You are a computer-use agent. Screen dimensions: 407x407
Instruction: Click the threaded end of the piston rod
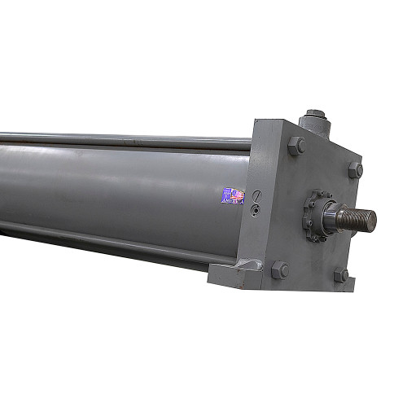click(x=357, y=218)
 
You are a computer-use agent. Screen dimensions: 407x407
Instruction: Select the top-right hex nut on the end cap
click(x=356, y=170)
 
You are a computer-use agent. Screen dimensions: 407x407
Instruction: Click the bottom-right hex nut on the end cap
click(x=341, y=275)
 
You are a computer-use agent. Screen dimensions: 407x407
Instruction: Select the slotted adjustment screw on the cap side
click(x=256, y=197)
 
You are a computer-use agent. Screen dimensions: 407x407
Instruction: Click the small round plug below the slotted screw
click(x=256, y=210)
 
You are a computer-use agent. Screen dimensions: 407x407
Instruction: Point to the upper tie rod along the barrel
click(x=122, y=139)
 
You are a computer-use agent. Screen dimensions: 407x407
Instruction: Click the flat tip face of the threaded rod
click(x=372, y=218)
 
